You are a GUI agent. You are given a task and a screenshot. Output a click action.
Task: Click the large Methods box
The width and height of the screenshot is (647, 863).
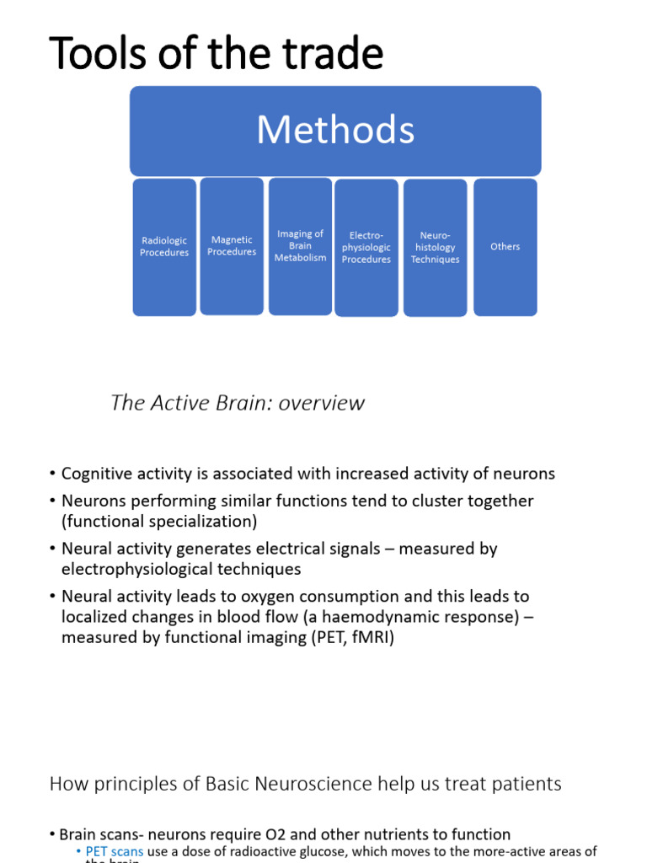pos(335,131)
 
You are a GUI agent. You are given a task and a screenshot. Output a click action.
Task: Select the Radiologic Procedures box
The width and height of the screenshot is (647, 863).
pos(164,247)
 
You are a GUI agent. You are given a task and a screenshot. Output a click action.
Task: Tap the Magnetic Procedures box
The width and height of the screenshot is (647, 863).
pos(232,246)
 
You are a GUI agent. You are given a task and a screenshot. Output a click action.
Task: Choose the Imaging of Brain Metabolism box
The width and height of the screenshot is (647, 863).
pos(300,246)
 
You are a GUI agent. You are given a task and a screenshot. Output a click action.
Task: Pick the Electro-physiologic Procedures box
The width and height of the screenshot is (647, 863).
pos(366,248)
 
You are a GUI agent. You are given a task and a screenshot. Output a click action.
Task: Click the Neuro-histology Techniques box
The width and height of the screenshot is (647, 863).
pos(436,248)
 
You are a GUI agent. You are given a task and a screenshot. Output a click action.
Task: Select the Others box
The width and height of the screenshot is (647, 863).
pos(505,247)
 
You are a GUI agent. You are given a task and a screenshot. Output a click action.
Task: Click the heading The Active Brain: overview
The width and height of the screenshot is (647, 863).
pos(238,403)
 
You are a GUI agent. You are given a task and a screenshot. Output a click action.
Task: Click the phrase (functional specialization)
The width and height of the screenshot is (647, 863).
pos(159,522)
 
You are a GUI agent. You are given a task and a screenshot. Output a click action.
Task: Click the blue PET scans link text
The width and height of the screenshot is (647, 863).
pos(115,852)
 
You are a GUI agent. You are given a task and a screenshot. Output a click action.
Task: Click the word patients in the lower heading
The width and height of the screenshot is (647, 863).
pos(526,784)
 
